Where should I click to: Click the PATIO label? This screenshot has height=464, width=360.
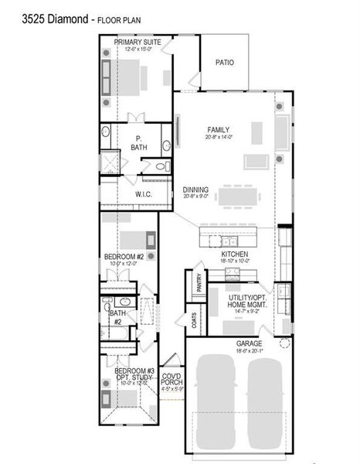click(x=225, y=63)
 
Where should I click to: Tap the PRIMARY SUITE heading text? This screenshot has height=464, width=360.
click(x=138, y=43)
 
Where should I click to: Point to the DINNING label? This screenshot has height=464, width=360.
click(x=195, y=189)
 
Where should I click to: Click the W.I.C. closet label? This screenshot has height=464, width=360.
click(x=143, y=194)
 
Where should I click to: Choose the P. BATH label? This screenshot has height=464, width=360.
click(x=139, y=142)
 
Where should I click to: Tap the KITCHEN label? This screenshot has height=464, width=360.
click(x=234, y=254)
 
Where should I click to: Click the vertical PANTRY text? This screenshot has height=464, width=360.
click(x=199, y=283)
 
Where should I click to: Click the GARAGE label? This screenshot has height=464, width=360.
click(x=249, y=344)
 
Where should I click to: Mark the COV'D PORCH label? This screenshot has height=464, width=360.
click(x=171, y=378)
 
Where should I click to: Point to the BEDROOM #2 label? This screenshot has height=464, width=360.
click(x=125, y=257)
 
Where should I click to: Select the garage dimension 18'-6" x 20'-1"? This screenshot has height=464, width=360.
click(x=249, y=351)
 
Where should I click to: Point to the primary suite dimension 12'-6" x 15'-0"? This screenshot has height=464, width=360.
click(x=138, y=49)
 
